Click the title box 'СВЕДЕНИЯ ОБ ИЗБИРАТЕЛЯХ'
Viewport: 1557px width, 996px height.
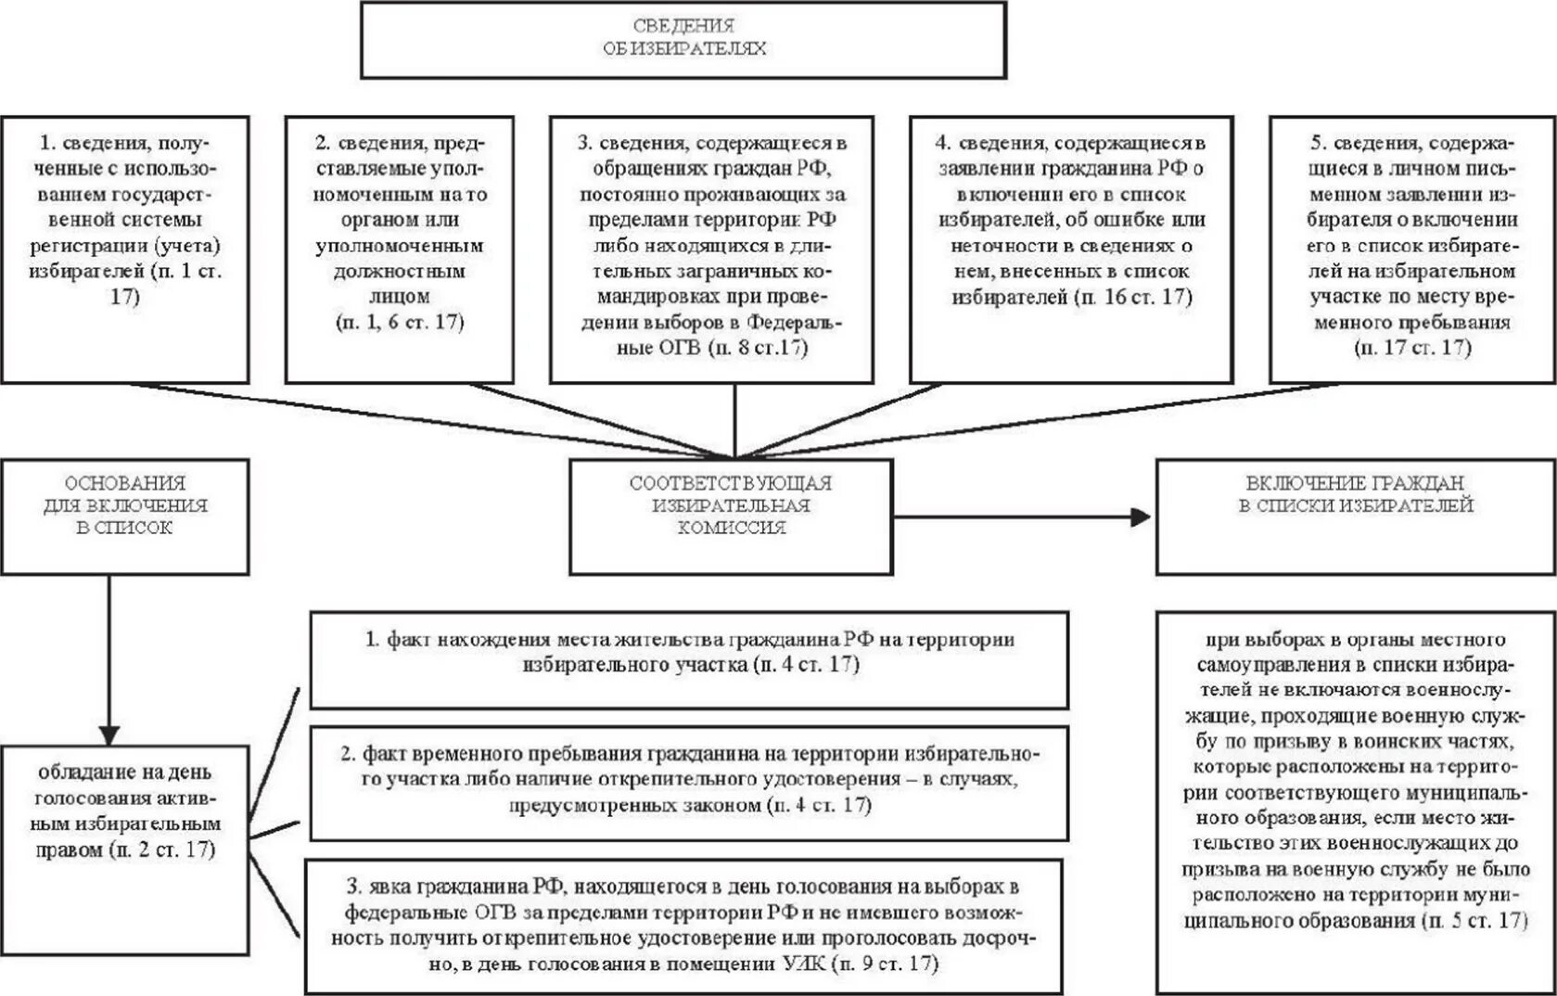click(x=683, y=39)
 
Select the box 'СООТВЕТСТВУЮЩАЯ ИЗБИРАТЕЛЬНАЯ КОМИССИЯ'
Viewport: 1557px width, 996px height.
click(x=731, y=516)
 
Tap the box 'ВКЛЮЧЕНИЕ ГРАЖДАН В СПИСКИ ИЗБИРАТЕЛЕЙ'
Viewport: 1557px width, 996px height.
click(x=1355, y=517)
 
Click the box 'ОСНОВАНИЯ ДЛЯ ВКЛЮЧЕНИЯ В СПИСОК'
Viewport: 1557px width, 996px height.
click(x=125, y=516)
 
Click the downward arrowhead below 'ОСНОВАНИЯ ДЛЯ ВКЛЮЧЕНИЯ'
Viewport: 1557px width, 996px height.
click(x=109, y=734)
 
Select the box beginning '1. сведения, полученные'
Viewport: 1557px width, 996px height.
click(x=125, y=249)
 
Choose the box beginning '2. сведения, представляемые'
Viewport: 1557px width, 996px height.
click(x=399, y=249)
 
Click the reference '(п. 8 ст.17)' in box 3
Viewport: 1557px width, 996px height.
click(x=757, y=349)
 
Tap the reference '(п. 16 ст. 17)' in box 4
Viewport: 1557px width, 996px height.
click(x=1132, y=298)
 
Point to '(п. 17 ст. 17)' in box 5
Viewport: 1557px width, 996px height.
click(x=1412, y=348)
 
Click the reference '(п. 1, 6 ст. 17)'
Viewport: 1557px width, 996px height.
click(x=400, y=323)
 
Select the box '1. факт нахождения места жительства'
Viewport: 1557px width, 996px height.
click(x=688, y=659)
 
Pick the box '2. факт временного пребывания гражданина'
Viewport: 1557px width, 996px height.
click(x=688, y=783)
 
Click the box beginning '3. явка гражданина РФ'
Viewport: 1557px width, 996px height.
click(x=684, y=926)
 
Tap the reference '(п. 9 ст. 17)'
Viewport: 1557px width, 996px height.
click(x=885, y=964)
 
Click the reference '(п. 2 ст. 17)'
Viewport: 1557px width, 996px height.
click(x=162, y=849)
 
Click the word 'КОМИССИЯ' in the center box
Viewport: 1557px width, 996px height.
click(x=731, y=528)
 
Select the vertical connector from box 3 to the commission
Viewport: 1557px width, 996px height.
click(x=734, y=419)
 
